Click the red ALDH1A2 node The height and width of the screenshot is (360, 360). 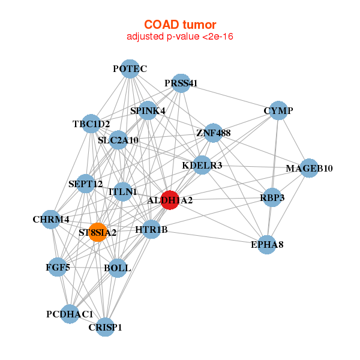170,200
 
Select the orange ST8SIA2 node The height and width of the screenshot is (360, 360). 98,232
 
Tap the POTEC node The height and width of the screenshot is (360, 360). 130,69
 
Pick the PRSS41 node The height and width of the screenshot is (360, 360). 181,83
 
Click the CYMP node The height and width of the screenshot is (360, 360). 278,111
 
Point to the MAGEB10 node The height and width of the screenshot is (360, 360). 309,168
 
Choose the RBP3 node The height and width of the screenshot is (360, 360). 272,197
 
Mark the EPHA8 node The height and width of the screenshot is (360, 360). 267,244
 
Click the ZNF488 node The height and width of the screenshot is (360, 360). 213,133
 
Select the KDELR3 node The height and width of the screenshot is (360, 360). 202,165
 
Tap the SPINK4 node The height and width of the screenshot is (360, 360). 148,110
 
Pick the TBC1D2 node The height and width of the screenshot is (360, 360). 91,124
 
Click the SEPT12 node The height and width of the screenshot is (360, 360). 86,184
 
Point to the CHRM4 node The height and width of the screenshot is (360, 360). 51,219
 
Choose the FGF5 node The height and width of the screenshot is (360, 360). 58,267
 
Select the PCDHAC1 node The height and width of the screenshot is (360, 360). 70,314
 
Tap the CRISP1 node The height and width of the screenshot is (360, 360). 105,327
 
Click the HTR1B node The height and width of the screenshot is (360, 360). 151,229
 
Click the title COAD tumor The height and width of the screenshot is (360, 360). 180,25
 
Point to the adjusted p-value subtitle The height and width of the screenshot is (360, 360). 180,37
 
